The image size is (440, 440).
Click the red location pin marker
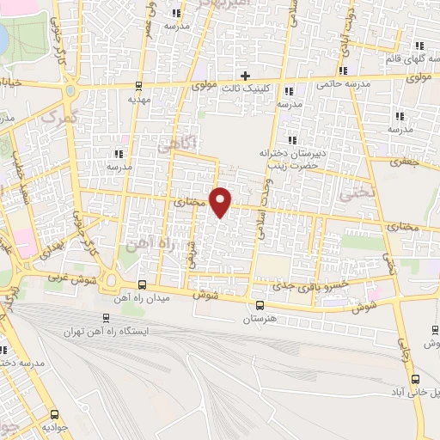click(x=222, y=202)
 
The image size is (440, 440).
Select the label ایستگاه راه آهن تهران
click(x=107, y=331)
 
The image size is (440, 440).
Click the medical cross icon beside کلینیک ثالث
click(x=246, y=76)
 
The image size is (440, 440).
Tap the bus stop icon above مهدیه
click(x=139, y=84)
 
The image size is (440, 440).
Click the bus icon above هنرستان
click(x=260, y=305)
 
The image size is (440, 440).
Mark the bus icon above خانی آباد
click(x=416, y=379)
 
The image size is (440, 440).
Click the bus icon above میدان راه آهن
click(x=142, y=286)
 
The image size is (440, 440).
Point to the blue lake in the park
click(x=3, y=36)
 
